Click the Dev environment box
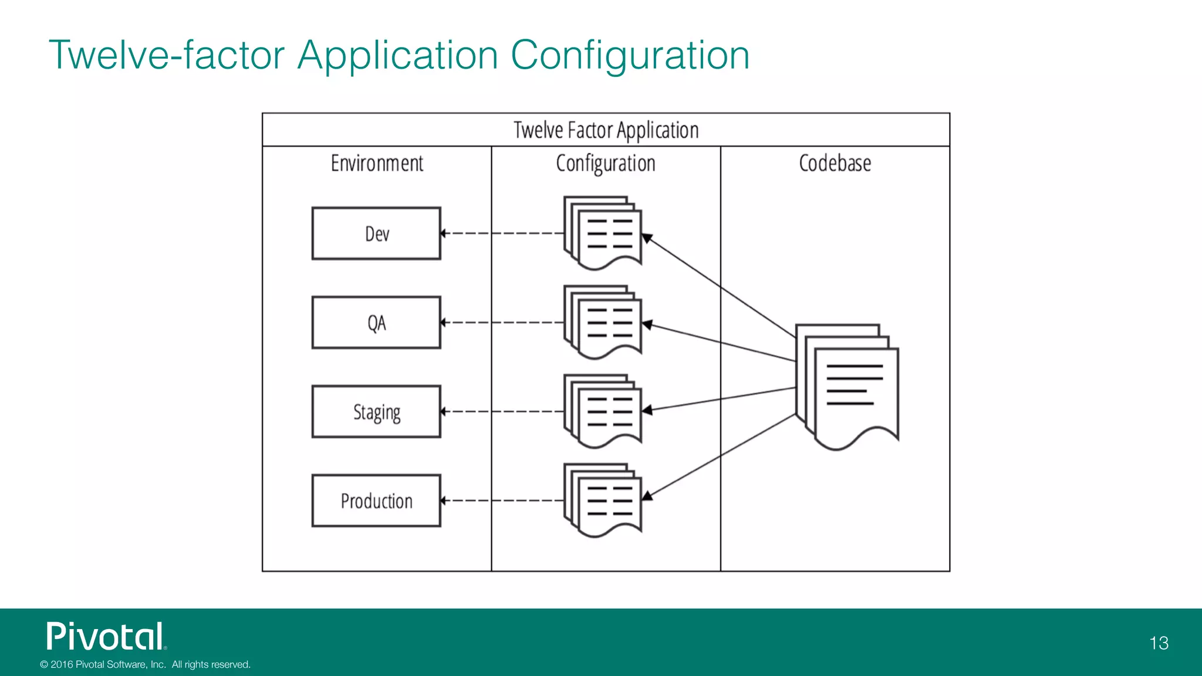(376, 234)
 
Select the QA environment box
(376, 323)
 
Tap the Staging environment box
(376, 412)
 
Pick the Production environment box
(376, 501)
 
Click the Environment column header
(377, 163)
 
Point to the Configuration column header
(606, 163)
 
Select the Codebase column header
(835, 163)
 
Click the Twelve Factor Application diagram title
(606, 130)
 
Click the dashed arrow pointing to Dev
(502, 234)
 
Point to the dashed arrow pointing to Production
(502, 501)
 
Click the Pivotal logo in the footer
(106, 637)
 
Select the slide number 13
(1159, 643)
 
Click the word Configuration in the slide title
(630, 55)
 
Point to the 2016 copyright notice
(145, 664)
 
